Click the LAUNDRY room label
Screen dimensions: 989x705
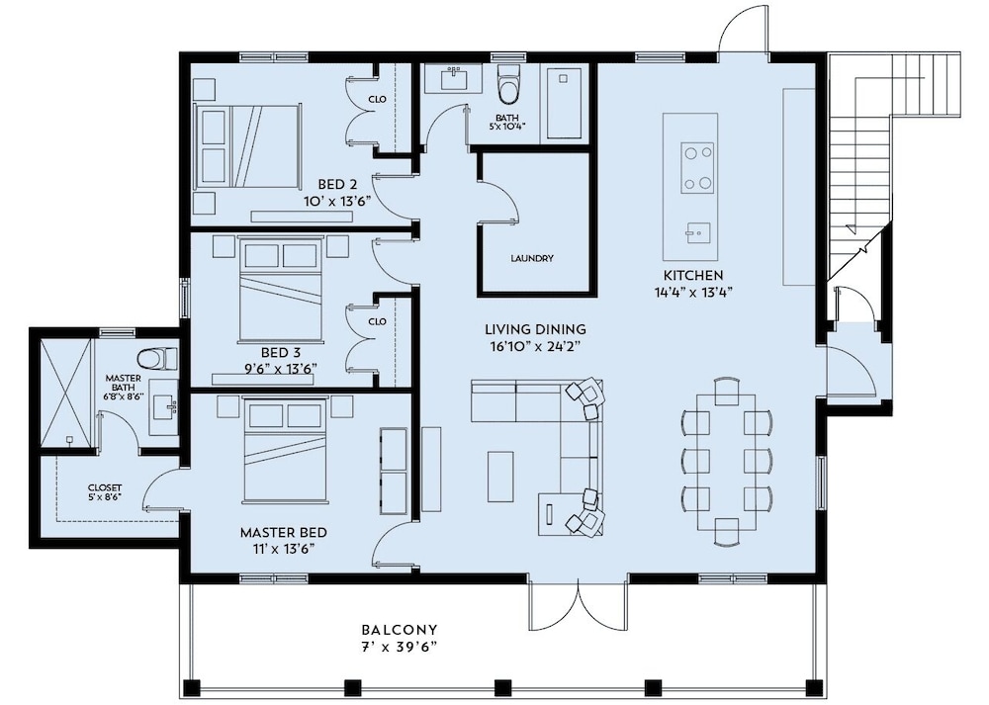coord(532,258)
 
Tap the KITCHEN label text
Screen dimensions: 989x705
coord(693,276)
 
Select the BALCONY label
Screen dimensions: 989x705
coord(400,629)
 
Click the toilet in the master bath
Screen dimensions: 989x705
coord(157,358)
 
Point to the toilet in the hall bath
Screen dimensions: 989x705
coord(507,84)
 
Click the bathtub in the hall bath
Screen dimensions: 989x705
coord(564,104)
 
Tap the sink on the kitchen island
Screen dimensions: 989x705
coord(697,232)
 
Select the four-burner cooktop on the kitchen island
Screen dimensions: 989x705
coord(697,168)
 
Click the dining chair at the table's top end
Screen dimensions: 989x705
coord(727,391)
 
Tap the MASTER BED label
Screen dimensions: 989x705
coord(283,533)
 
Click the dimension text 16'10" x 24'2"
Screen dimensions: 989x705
coord(535,345)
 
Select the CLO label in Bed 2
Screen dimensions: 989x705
coord(377,99)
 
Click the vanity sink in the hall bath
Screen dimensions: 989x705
coord(453,79)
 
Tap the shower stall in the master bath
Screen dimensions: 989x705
coord(65,395)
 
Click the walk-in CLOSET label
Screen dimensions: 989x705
coord(105,487)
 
